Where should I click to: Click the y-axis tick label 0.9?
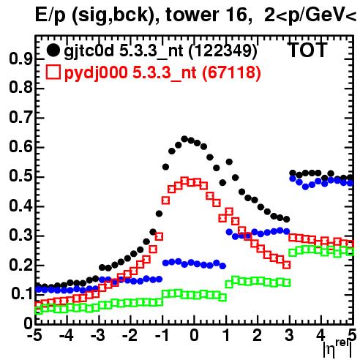20,59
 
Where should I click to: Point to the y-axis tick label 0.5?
20,177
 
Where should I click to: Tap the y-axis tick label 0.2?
20,266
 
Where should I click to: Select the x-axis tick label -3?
98,335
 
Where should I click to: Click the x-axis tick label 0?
194,335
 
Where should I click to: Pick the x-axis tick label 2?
258,335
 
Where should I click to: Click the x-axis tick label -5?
35,335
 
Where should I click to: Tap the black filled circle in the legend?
53,50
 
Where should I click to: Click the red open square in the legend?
53,72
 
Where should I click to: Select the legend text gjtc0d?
89,51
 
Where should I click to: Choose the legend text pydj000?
96,73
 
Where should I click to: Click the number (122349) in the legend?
223,51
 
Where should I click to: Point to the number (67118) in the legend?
231,72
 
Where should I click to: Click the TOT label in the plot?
307,50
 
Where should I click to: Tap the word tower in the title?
190,15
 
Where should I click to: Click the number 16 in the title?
236,15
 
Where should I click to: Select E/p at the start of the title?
51,15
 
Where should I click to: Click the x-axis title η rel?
338,348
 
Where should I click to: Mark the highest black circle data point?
184,139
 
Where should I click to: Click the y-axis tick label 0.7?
20,118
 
